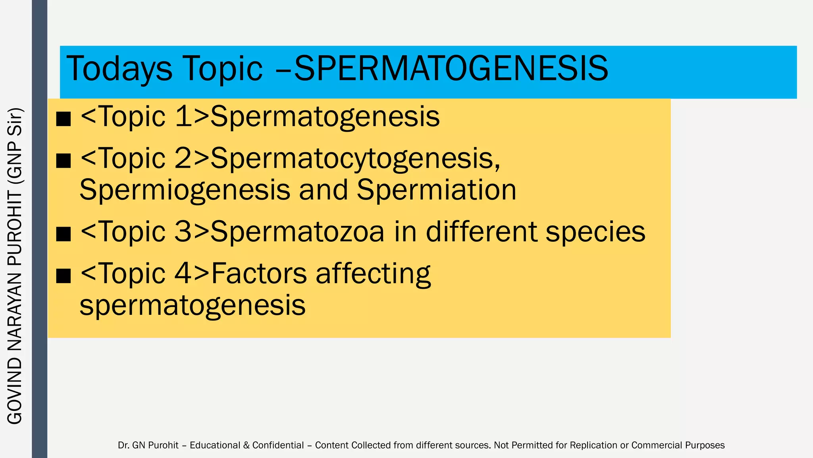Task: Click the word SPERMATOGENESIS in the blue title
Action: [451, 68]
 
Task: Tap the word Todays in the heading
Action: [119, 68]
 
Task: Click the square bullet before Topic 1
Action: [64, 118]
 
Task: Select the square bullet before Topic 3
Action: [64, 234]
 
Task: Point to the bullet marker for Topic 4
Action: [64, 275]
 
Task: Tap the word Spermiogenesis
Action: [185, 190]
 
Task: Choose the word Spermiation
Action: [436, 190]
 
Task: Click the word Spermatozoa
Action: [297, 232]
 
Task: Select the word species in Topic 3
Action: [595, 232]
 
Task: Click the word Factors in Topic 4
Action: [259, 274]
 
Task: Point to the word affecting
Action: [373, 274]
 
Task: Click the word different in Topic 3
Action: [481, 232]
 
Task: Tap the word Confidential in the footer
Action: [278, 445]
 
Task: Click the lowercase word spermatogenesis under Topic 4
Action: [193, 305]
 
